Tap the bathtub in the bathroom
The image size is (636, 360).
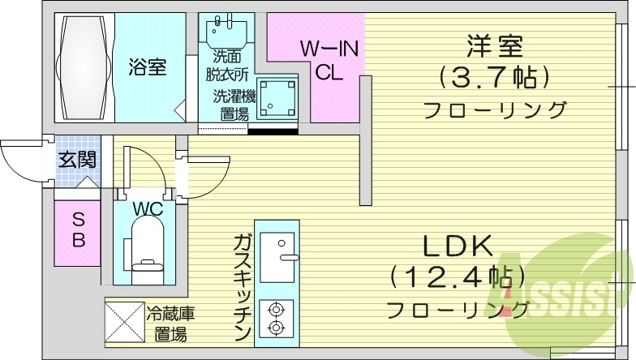point(84,67)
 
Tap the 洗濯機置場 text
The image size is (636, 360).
point(234,105)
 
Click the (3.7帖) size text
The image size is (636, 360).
point(495,78)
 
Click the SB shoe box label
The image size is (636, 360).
point(79,229)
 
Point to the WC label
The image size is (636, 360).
point(148,209)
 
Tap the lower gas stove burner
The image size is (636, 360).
point(277,328)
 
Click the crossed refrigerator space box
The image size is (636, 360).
point(124,322)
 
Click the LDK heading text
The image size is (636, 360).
point(455,246)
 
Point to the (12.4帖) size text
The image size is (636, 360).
point(455,278)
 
